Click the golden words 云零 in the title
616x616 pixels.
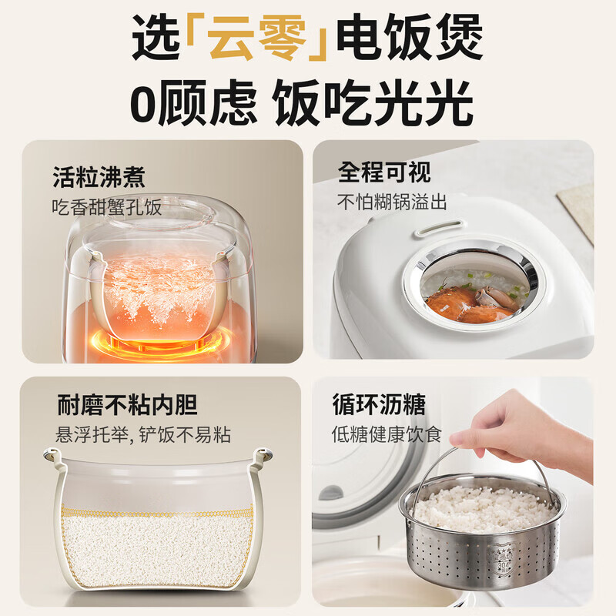[x=256, y=37]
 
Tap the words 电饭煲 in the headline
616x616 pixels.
[x=410, y=37]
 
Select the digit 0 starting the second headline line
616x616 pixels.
[x=145, y=104]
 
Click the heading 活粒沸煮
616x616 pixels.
[x=99, y=177]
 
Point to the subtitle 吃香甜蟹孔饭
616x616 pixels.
[x=107, y=207]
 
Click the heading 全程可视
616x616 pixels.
[x=384, y=172]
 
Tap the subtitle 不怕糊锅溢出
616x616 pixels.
[x=392, y=202]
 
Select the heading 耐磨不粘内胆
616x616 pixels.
[x=127, y=404]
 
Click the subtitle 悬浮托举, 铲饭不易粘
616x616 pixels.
[x=143, y=434]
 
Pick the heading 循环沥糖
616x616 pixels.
[x=379, y=403]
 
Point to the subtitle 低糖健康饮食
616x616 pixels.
[x=387, y=434]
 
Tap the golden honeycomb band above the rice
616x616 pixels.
[x=158, y=513]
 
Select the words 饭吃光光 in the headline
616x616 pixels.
[x=373, y=103]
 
